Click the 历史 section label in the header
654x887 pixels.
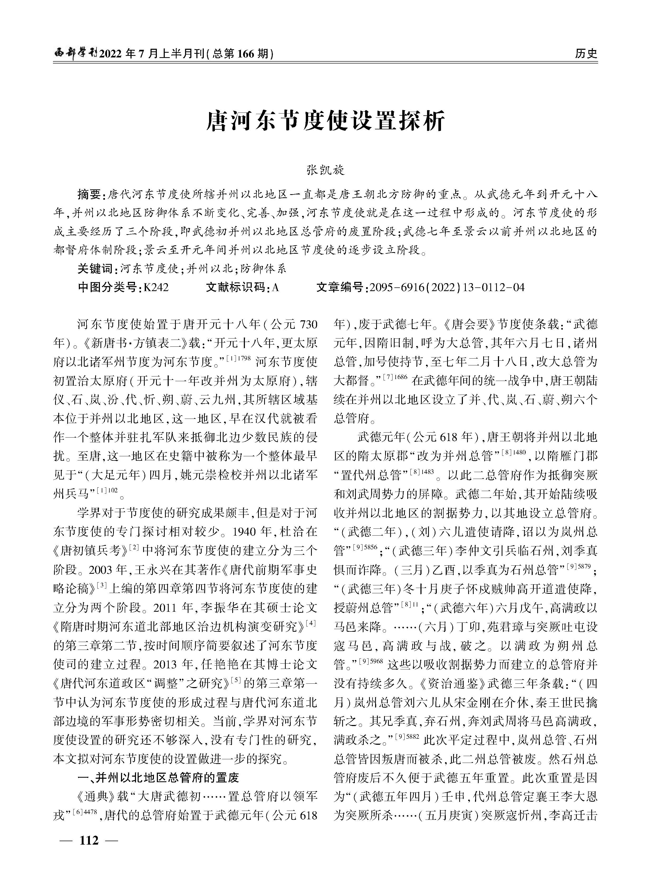(586, 53)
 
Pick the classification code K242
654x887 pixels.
(156, 287)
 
